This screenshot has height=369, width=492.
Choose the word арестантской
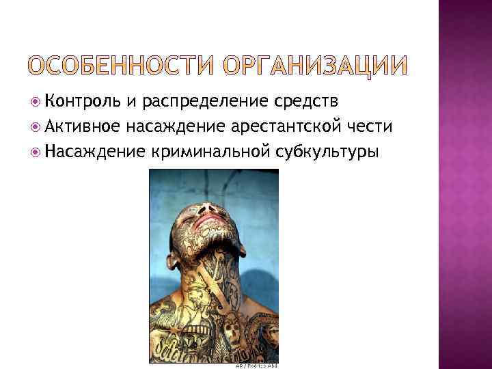tap(272, 126)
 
